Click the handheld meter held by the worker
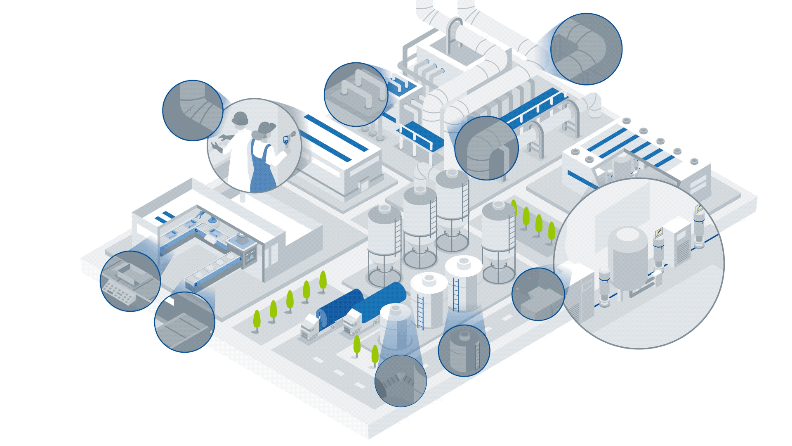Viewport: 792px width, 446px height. click(286, 140)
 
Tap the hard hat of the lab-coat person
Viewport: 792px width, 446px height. click(240, 118)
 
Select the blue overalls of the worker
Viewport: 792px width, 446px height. click(260, 169)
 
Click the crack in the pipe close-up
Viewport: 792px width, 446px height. click(189, 110)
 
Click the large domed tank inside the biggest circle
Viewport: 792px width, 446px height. click(627, 258)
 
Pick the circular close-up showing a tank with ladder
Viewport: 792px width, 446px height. click(464, 351)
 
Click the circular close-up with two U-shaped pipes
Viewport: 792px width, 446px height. click(356, 94)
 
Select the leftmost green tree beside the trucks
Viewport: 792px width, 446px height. click(257, 320)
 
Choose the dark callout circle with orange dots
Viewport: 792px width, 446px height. click(538, 294)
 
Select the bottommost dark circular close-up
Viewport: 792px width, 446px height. click(400, 381)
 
